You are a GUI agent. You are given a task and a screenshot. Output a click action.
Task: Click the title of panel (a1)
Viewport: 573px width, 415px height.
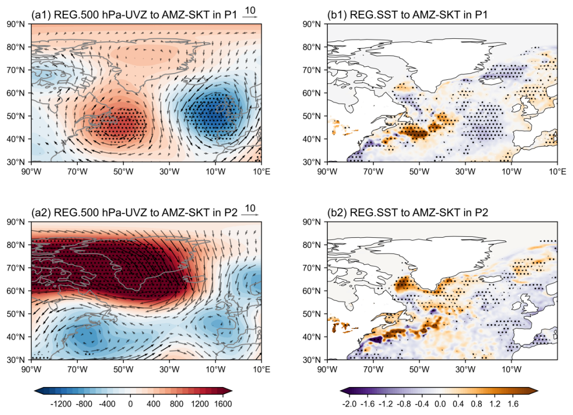[134, 15]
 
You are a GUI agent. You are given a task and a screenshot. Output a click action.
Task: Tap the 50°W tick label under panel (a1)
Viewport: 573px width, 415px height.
[123, 171]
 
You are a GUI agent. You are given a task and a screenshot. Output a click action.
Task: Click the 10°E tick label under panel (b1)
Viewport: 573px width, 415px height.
[557, 171]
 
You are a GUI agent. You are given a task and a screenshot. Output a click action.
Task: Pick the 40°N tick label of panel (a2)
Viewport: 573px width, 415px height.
[16, 337]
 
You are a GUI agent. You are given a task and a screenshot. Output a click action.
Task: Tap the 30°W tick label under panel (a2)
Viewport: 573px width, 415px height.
[169, 369]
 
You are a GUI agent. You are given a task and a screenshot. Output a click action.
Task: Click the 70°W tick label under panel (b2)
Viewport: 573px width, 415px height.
[373, 369]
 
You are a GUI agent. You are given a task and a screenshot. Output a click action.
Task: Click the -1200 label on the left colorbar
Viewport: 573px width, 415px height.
[60, 404]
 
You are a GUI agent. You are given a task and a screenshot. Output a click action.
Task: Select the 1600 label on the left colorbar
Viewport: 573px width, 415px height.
[223, 404]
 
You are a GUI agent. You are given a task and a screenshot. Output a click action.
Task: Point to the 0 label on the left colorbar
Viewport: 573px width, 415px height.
[130, 404]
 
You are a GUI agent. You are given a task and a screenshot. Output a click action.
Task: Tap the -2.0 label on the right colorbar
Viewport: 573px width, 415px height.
[350, 404]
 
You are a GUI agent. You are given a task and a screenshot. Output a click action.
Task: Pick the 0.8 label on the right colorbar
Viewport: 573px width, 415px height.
[477, 404]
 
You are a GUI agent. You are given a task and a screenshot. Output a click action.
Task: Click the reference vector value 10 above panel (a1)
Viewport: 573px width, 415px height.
[250, 10]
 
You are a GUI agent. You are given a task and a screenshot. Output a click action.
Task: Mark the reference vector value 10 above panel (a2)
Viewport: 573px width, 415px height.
[250, 208]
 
